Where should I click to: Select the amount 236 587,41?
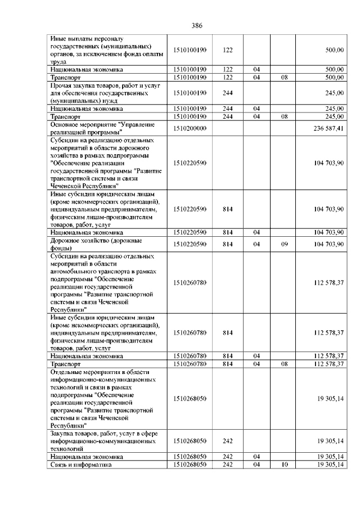[x=329, y=128]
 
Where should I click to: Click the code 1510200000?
[x=190, y=128]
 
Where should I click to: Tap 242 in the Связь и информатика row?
[x=228, y=465]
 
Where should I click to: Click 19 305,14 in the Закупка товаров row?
[x=329, y=442]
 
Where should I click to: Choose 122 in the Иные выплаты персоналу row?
[x=228, y=50]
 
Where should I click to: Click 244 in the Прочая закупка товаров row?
[x=228, y=93]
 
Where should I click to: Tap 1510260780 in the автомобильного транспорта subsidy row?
[x=190, y=282]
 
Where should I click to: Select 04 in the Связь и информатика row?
[x=256, y=465]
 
